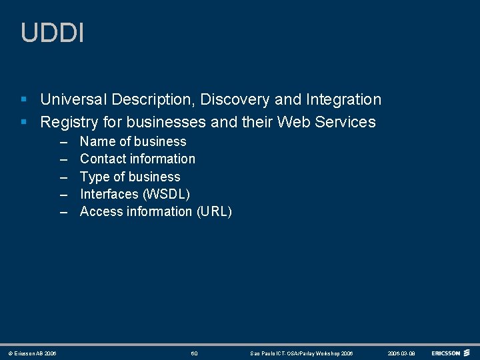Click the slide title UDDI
tap(53, 33)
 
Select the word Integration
tap(343, 100)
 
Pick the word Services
tap(345, 122)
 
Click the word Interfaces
tap(109, 194)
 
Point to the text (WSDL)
tap(166, 194)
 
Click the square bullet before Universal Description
tap(24, 100)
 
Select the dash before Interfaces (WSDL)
tap(64, 194)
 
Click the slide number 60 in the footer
tap(194, 353)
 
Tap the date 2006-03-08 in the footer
tap(401, 353)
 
